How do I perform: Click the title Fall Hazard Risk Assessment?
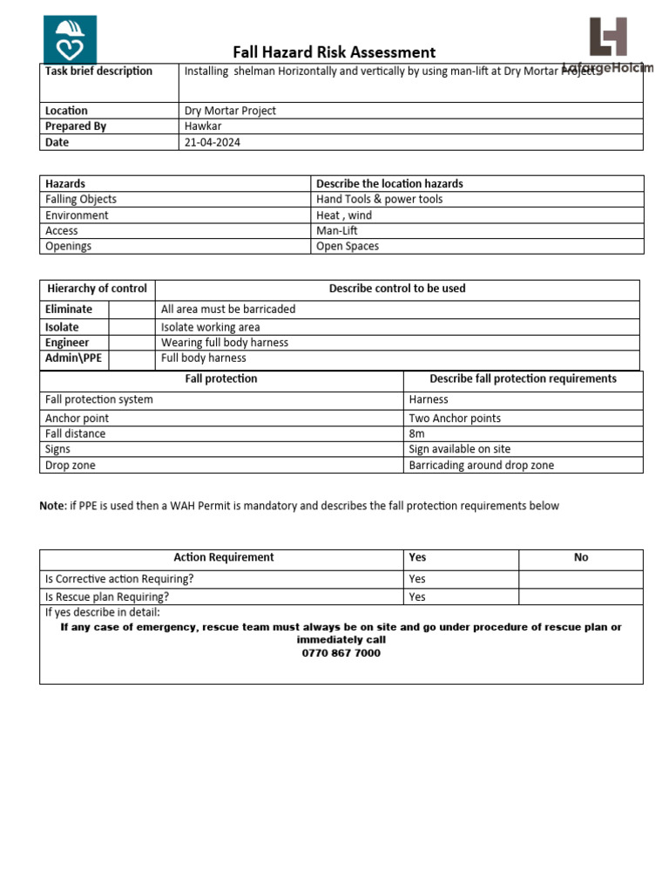334,52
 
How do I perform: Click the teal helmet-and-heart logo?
70,39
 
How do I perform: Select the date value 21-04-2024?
213,142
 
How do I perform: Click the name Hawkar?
203,126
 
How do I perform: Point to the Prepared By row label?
76,126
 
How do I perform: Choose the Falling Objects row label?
81,200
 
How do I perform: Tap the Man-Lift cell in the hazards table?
337,231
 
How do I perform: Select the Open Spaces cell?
348,247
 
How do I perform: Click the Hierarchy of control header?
98,289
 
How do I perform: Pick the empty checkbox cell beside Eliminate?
132,310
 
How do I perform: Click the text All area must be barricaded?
228,310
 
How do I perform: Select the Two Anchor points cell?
455,419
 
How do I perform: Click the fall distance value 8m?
417,434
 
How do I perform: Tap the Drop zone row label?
71,466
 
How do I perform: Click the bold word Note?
52,506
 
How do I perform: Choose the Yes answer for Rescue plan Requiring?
417,597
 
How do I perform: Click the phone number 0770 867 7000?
341,653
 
